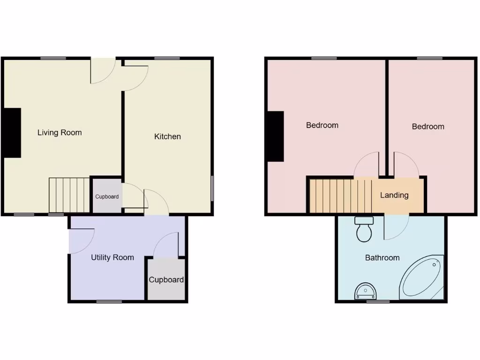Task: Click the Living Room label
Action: pyautogui.click(x=60, y=133)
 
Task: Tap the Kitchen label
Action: pyautogui.click(x=167, y=136)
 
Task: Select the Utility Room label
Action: pyautogui.click(x=112, y=257)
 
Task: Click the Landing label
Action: pyautogui.click(x=394, y=195)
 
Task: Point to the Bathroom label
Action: pyautogui.click(x=382, y=257)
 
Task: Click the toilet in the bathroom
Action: pyautogui.click(x=364, y=229)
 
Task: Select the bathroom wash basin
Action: pyautogui.click(x=365, y=292)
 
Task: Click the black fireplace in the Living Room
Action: pyautogui.click(x=13, y=133)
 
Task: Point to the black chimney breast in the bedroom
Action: pyautogui.click(x=276, y=136)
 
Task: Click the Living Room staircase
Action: pyautogui.click(x=69, y=195)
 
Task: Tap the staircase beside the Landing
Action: pyautogui.click(x=340, y=195)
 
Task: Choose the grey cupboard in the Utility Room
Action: pyautogui.click(x=166, y=279)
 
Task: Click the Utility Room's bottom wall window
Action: pyautogui.click(x=109, y=301)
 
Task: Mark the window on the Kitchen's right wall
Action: pyautogui.click(x=212, y=188)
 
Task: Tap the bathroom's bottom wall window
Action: pyautogui.click(x=378, y=301)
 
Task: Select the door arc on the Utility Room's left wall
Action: pyautogui.click(x=81, y=241)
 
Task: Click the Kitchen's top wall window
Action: pyautogui.click(x=167, y=58)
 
